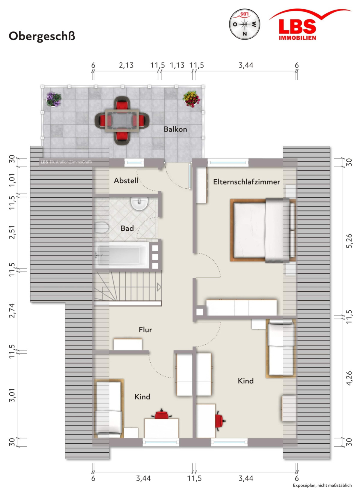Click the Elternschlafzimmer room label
tap(246, 182)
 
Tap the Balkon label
tap(175, 129)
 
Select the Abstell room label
tap(126, 181)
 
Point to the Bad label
tap(127, 228)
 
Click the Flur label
tap(145, 330)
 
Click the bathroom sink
tap(139, 203)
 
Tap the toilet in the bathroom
tap(102, 228)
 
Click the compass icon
tap(244, 24)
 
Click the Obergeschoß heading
tap(42, 36)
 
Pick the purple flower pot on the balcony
tap(53, 99)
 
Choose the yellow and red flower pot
tap(191, 99)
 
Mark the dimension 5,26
tap(349, 241)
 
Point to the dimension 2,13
tap(126, 65)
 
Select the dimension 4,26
tap(349, 378)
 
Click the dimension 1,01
tap(12, 180)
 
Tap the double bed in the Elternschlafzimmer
tap(263, 230)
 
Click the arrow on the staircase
tap(159, 287)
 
